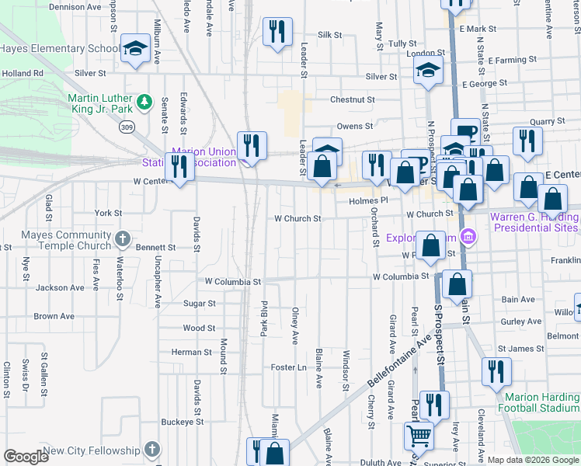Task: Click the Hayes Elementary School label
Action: point(60,48)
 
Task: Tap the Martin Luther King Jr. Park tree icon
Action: point(144,102)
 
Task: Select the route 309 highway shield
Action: point(127,127)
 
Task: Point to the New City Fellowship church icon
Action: point(152,450)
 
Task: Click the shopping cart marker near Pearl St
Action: point(419,436)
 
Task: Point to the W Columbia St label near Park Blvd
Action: point(233,280)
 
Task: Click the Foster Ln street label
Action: point(288,367)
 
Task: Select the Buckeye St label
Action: point(182,422)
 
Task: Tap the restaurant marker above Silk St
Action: point(277,32)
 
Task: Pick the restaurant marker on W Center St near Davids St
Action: point(179,167)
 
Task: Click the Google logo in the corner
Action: point(26,457)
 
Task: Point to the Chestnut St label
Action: point(352,100)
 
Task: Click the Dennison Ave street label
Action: point(75,6)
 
